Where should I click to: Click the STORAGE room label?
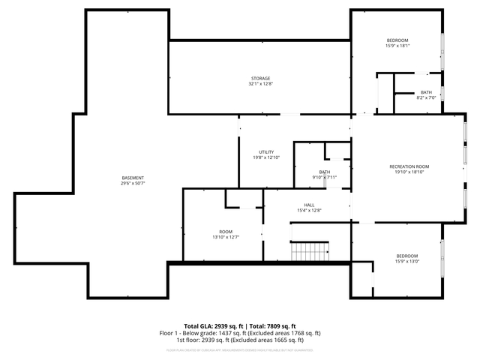point(260,78)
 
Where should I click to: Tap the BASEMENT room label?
point(133,178)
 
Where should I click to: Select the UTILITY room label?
point(266,152)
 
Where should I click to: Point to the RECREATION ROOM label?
point(409,166)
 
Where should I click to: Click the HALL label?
point(309,205)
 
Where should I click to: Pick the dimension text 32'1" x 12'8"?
point(260,84)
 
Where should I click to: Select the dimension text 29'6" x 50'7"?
point(133,183)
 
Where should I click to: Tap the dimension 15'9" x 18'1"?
point(397,46)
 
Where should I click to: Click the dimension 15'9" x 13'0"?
point(407,262)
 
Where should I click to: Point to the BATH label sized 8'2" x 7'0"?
point(426,92)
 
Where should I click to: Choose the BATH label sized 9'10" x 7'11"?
point(325,172)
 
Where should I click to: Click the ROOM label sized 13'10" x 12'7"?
point(226,231)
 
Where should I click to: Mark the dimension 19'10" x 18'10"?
point(409,172)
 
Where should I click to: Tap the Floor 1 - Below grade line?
point(239,333)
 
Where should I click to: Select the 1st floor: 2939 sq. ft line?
point(239,340)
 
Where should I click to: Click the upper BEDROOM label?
point(397,40)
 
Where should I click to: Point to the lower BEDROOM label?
point(407,256)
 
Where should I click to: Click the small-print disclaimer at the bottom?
point(239,349)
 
